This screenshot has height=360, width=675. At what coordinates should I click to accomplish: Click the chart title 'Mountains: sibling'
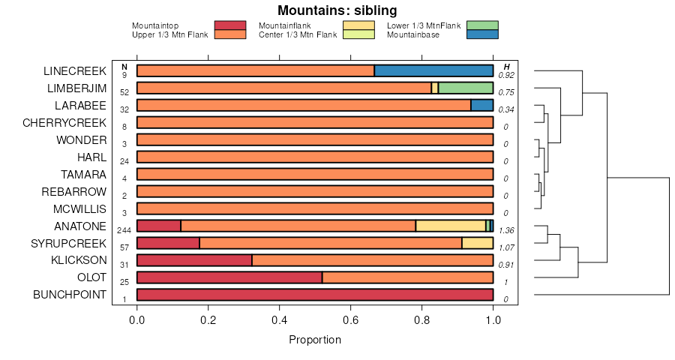point(337,10)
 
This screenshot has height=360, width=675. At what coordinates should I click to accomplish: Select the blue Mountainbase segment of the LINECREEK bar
point(433,70)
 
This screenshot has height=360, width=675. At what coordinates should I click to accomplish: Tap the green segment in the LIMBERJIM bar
point(466,88)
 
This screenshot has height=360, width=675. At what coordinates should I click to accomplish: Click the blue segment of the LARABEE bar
point(481,105)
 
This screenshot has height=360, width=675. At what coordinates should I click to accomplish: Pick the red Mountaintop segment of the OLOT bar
point(229,277)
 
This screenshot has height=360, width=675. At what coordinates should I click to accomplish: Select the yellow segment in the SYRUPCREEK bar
point(477,242)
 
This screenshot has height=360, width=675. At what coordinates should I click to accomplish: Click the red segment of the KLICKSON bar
point(194,259)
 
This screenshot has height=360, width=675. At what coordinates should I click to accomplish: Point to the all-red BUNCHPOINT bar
point(315,294)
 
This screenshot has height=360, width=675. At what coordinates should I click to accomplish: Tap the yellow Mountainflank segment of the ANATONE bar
point(450,225)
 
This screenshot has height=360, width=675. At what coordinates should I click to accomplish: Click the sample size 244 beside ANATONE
point(124,229)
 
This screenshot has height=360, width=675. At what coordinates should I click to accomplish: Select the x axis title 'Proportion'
point(315,340)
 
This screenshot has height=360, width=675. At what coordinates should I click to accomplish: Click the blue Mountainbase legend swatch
point(481,34)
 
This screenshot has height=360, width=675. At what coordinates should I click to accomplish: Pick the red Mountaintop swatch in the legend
point(229,25)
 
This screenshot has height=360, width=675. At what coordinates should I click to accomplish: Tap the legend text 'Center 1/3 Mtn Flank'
point(298,34)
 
